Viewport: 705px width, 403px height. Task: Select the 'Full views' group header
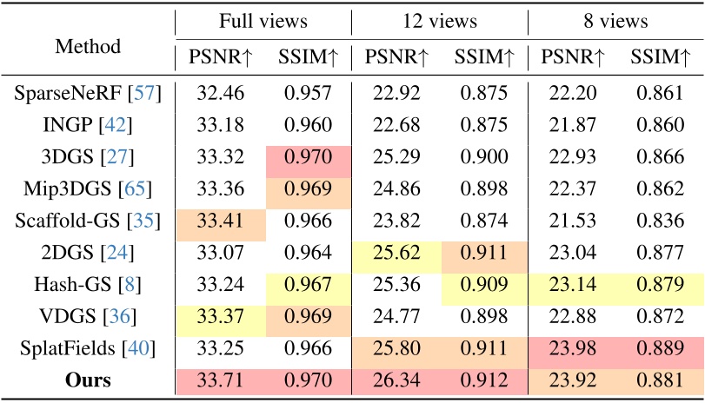[x=263, y=22]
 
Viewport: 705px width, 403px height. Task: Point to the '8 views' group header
[x=615, y=22]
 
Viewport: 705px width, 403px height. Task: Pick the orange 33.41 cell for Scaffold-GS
[x=220, y=221]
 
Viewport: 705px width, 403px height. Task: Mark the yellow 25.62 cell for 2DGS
[x=396, y=253]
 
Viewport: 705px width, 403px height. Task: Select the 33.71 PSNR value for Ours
[x=220, y=379]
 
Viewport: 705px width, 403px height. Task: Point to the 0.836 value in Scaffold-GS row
[x=661, y=221]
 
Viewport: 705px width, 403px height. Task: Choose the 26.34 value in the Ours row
[x=396, y=379]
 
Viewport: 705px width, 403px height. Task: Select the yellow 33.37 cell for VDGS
[x=220, y=315]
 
